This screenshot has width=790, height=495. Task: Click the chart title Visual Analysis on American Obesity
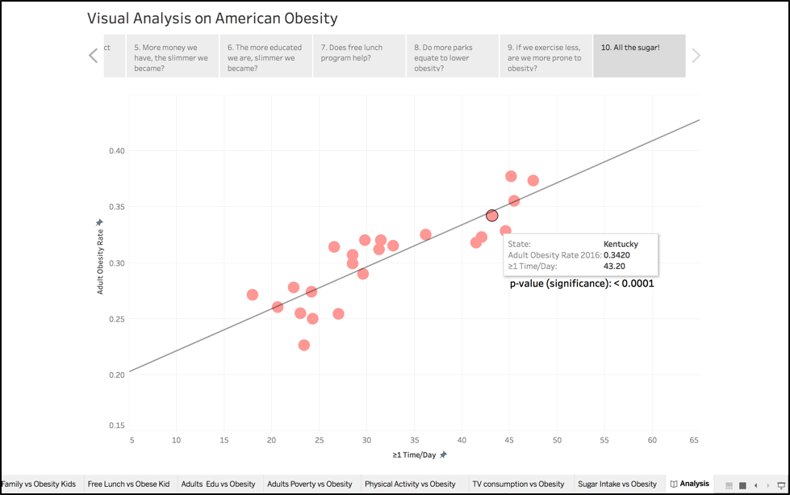212,18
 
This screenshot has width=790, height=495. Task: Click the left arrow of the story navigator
93,56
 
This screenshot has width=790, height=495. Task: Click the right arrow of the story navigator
696,56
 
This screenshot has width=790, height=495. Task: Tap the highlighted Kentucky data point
492,215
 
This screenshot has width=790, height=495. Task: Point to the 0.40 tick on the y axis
118,151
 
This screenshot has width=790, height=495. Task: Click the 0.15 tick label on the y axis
118,426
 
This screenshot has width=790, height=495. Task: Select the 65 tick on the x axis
695,440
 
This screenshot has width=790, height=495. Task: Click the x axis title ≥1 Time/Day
414,455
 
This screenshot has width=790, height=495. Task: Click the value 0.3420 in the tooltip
617,255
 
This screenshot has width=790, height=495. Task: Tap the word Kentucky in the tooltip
621,244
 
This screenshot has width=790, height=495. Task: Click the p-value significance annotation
581,283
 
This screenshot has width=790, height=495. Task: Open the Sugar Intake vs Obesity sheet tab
617,485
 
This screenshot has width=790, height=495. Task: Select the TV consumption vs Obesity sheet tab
518,485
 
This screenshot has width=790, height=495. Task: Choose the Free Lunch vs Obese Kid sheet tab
128,485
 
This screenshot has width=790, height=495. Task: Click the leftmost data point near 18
253,295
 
